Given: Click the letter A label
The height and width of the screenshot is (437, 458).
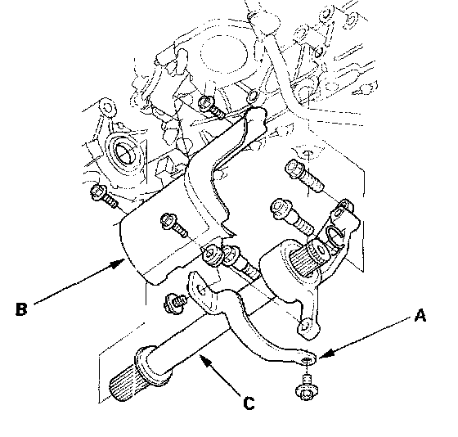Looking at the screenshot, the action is [420, 316].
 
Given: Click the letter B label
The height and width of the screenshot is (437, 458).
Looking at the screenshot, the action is [21, 309].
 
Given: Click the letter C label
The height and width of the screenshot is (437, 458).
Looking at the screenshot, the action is [249, 403].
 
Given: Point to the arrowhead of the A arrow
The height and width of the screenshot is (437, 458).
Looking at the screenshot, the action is [325, 354].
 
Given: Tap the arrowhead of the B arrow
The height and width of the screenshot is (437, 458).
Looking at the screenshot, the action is [119, 264].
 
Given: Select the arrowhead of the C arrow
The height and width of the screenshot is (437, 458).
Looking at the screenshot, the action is [205, 360].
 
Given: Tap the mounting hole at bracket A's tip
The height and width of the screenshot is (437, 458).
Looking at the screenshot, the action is [306, 359].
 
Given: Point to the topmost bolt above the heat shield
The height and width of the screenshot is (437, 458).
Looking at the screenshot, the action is [211, 107].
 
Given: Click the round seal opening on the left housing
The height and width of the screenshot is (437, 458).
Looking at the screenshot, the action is [124, 152].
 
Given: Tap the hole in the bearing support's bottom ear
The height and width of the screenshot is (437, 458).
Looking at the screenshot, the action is [304, 327].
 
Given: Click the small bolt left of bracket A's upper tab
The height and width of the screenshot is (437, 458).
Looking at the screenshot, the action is [175, 303].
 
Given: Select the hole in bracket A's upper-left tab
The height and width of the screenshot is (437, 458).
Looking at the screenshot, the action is [201, 290].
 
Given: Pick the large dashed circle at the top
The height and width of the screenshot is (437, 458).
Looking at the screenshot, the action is [224, 54].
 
